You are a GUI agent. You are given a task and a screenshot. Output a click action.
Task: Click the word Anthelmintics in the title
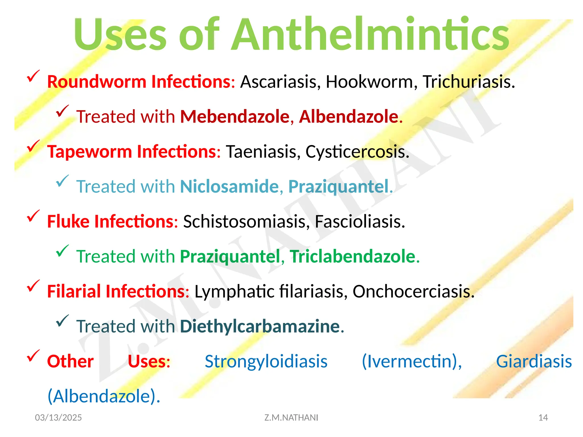(370, 35)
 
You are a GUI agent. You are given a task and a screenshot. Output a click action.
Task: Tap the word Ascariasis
(280, 82)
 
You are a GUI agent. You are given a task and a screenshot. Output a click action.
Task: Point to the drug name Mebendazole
(235, 117)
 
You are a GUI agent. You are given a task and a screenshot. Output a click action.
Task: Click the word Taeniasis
(263, 151)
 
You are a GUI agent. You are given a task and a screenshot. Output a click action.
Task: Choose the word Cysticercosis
(357, 151)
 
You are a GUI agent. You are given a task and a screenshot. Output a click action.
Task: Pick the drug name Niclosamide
(229, 187)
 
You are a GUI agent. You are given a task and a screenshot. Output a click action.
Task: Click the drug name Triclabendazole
(352, 256)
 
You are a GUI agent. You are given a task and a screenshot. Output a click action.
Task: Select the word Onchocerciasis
(413, 291)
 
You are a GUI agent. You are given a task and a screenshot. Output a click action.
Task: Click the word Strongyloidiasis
(266, 361)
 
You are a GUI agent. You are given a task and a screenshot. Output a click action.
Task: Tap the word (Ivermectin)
(411, 361)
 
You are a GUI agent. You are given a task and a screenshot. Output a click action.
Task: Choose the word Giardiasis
(534, 361)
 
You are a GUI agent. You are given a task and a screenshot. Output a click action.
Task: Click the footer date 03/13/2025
(58, 417)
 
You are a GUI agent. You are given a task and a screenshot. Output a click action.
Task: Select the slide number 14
(543, 417)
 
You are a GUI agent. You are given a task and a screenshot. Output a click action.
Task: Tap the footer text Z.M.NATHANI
(291, 417)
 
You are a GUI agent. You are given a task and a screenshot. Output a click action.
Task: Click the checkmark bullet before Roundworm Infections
(33, 76)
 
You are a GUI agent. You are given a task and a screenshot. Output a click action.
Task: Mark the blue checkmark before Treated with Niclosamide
(62, 181)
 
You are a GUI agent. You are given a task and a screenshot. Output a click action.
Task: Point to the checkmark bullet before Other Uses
(33, 356)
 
